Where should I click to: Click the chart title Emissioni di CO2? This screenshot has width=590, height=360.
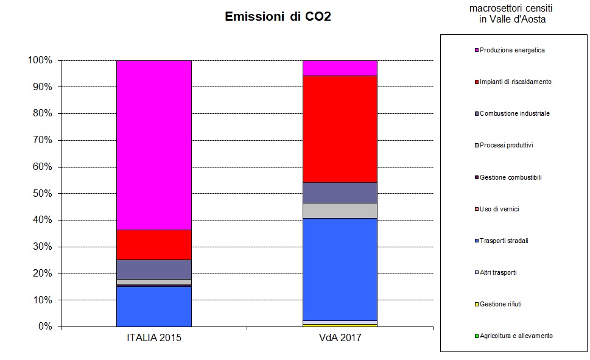(278, 16)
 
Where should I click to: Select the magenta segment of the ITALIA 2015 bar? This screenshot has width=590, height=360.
(154, 145)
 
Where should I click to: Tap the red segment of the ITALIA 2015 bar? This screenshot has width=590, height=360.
(154, 244)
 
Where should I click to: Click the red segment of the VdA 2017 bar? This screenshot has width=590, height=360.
(340, 129)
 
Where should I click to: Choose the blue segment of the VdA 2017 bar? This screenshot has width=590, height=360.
(340, 269)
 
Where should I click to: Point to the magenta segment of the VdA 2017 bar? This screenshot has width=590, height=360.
(340, 68)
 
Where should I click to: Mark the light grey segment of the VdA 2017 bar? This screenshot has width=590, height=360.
(340, 210)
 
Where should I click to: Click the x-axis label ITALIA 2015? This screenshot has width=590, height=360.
(154, 337)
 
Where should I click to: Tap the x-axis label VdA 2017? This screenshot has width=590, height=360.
(340, 337)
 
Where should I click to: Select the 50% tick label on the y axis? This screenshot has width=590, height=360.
(42, 194)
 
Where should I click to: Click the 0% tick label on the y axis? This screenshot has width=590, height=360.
(44, 327)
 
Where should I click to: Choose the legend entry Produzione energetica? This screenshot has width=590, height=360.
(511, 50)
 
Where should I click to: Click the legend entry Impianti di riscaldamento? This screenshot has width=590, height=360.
(515, 82)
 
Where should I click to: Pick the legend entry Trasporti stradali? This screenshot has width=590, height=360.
(504, 241)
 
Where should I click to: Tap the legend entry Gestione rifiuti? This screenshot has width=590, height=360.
(500, 304)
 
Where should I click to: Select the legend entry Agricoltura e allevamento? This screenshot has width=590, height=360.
(516, 336)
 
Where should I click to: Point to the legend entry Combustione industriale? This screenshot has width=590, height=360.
(514, 113)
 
